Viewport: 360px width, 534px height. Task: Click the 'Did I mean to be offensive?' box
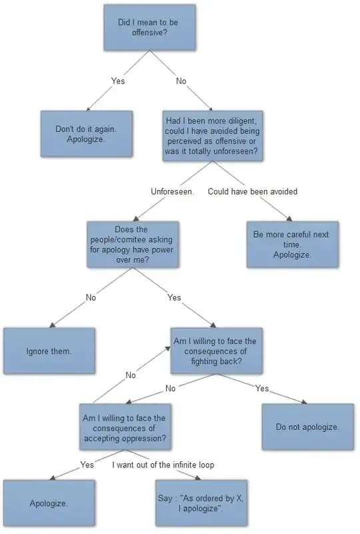149,27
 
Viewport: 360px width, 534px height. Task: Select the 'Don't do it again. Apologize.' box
87,134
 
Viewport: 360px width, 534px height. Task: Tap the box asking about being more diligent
213,136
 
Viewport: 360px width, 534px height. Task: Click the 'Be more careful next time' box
293,245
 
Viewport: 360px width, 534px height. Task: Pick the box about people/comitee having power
133,245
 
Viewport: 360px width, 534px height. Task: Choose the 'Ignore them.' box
49,351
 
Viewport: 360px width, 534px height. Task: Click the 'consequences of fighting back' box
217,351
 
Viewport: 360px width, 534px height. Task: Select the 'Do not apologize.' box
308,427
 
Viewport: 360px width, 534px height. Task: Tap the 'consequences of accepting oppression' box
125,427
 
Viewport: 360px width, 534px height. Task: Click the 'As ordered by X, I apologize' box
201,503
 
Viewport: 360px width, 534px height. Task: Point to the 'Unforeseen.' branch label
173,191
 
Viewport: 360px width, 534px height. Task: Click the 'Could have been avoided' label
253,191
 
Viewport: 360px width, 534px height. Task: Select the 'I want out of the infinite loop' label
163,465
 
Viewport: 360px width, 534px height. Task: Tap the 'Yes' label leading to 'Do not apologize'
262,388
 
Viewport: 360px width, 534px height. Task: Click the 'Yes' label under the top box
118,81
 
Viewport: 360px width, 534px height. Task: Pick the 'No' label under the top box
181,81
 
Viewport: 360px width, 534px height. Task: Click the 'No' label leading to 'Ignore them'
91,297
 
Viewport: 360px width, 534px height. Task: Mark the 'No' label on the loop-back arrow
131,375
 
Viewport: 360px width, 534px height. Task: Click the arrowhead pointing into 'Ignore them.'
52,325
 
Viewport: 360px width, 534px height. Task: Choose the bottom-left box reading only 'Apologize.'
49,503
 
